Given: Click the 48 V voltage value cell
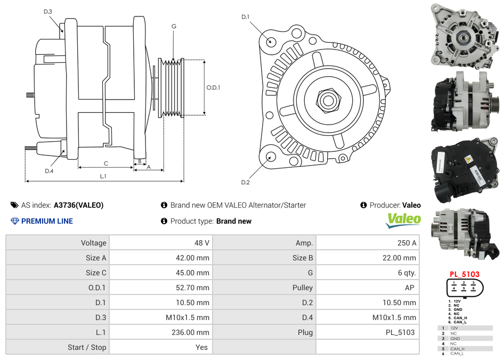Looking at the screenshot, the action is [201, 243].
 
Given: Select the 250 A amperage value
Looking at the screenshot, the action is [407, 243].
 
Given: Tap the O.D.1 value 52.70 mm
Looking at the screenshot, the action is [192, 288].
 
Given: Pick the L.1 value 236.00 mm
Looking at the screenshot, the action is [190, 332].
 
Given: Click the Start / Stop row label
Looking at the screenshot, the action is [87, 347].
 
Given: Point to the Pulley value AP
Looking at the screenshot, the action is [410, 288].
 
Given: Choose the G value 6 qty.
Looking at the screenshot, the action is [407, 273].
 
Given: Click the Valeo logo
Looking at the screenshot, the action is [403, 220].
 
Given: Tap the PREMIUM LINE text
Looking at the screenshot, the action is [47, 221].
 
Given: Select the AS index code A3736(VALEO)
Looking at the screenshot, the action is [78, 205].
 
